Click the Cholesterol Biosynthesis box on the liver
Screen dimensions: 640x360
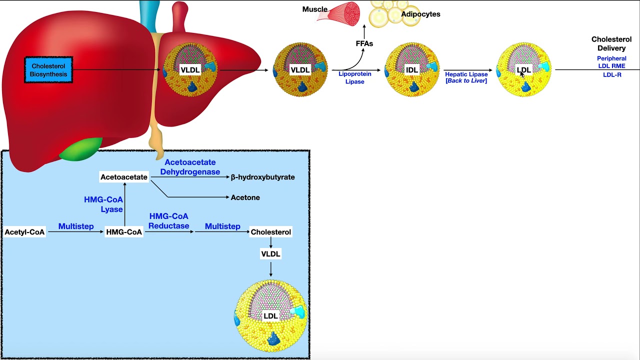(x=48, y=70)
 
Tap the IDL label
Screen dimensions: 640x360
(x=411, y=70)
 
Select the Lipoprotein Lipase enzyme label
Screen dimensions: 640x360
(x=355, y=77)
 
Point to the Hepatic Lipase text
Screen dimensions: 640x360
(x=466, y=74)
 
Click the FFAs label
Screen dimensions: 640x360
(x=364, y=43)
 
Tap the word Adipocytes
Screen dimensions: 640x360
(x=420, y=14)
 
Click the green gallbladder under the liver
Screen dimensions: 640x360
(x=81, y=148)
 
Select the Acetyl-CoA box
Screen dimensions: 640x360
(x=25, y=232)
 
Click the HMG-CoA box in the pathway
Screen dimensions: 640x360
(x=124, y=232)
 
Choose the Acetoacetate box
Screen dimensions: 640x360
(x=124, y=177)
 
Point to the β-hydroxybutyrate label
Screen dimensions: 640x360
(x=262, y=177)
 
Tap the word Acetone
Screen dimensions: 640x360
(x=245, y=197)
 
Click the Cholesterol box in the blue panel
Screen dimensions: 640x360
(x=271, y=232)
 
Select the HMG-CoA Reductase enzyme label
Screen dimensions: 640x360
(x=168, y=221)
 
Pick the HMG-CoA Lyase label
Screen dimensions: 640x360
(x=103, y=204)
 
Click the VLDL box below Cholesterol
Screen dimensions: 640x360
(x=270, y=253)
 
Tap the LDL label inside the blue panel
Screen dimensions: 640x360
(x=270, y=315)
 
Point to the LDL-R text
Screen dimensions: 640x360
(x=612, y=75)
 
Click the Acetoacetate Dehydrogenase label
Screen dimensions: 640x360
(x=190, y=167)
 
